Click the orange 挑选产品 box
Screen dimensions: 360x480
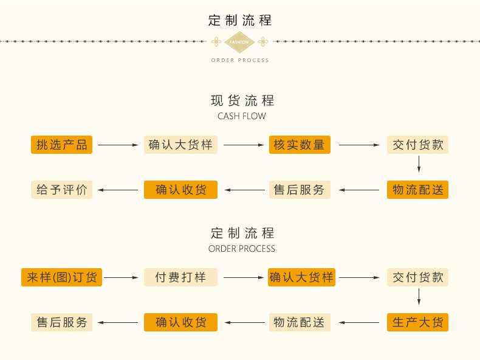pos(61,145)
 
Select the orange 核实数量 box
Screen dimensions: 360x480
pos(300,145)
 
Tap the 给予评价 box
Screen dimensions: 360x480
pos(61,190)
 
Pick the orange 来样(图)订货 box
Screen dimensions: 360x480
pos(61,277)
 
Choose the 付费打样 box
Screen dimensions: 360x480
pos(180,277)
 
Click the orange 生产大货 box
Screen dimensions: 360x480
pos(417,322)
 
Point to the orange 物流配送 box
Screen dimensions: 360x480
pos(417,190)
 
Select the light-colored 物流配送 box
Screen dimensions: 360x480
pos(300,322)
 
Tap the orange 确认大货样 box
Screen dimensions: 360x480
pos(301,277)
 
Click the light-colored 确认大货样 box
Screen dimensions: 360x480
pos(180,145)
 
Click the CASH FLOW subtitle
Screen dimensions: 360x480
pos(241,116)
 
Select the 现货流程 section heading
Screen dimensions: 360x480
pos(242,100)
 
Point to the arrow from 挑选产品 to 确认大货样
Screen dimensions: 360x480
pos(118,145)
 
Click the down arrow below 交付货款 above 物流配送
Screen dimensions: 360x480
pos(419,164)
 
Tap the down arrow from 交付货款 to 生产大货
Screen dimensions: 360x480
pos(419,297)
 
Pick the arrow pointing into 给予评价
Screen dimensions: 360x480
pos(118,190)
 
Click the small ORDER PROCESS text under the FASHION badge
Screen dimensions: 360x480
pos(240,60)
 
